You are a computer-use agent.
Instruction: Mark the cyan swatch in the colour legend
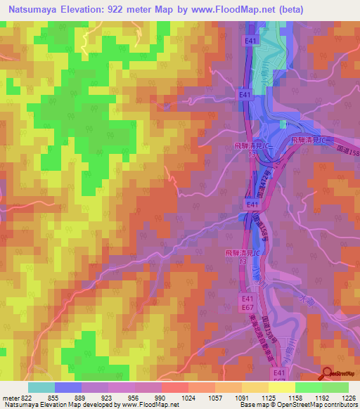(41, 387)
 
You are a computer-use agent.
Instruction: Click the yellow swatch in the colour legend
(282, 387)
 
